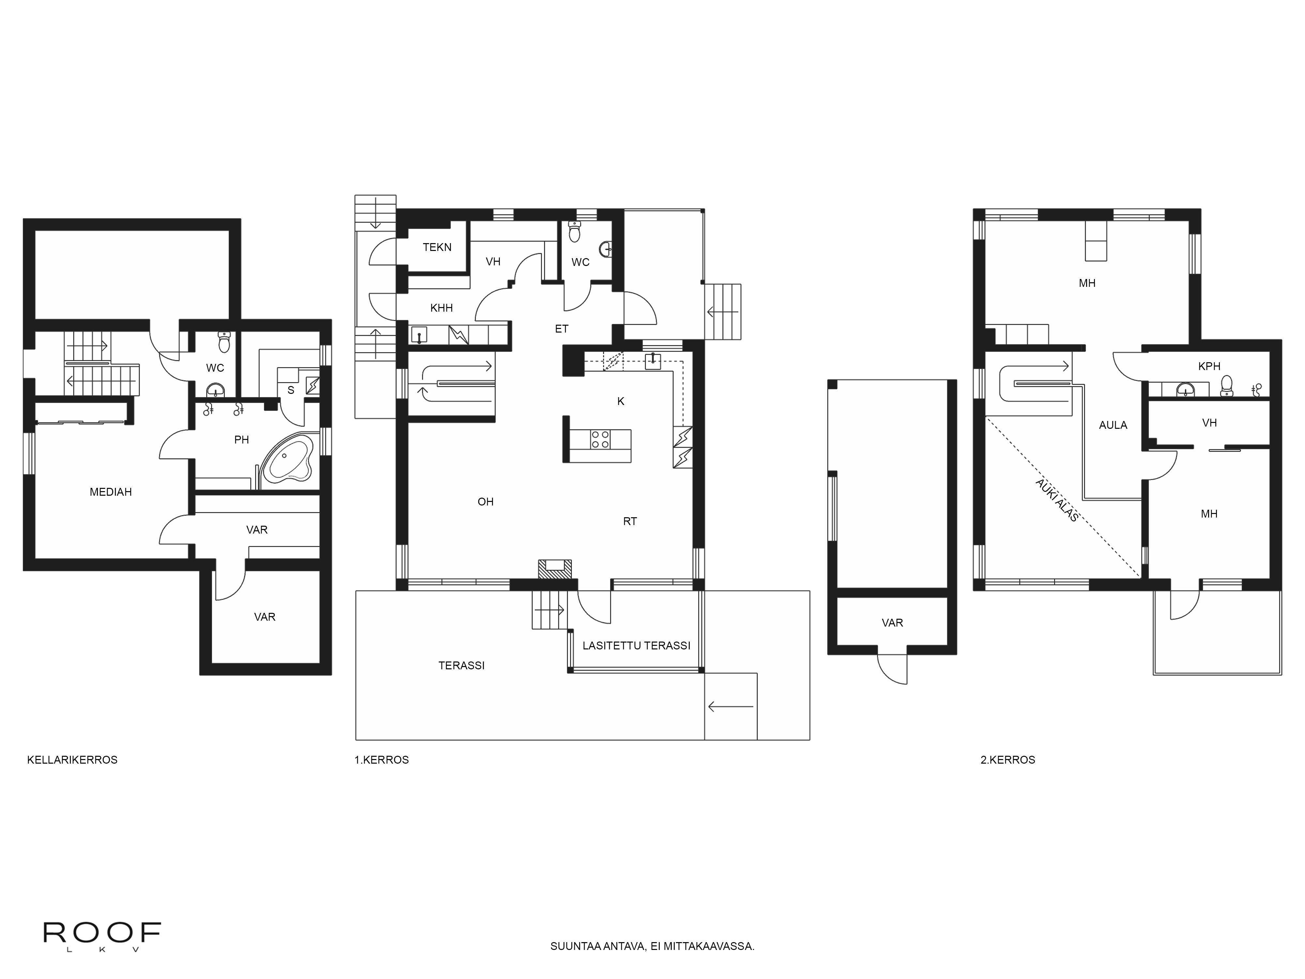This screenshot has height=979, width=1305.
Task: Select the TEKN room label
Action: (x=437, y=247)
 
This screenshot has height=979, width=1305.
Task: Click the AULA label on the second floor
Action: (x=1113, y=425)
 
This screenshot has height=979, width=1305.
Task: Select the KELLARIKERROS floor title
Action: (x=72, y=760)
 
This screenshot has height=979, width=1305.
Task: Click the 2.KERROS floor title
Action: (x=1008, y=760)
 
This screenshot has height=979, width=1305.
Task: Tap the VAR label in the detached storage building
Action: (x=892, y=623)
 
